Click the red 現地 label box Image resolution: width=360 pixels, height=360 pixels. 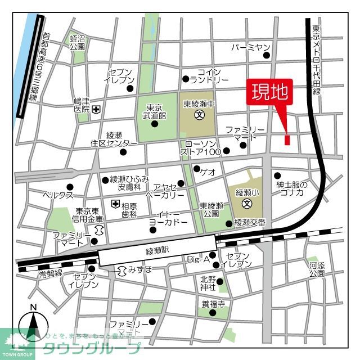[x=270, y=92]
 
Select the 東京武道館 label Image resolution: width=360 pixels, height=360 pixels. [x=155, y=112]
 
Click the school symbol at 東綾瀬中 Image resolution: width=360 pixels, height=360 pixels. [x=199, y=115]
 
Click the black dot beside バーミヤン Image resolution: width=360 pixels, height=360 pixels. [x=267, y=55]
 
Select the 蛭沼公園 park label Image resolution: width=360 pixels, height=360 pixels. [x=77, y=43]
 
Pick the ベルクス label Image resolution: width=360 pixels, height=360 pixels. [x=59, y=195]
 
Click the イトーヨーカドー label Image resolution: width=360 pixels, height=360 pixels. [x=168, y=218]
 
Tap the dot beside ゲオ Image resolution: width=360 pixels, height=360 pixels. [x=196, y=168]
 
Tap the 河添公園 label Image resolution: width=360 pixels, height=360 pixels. [x=316, y=268]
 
